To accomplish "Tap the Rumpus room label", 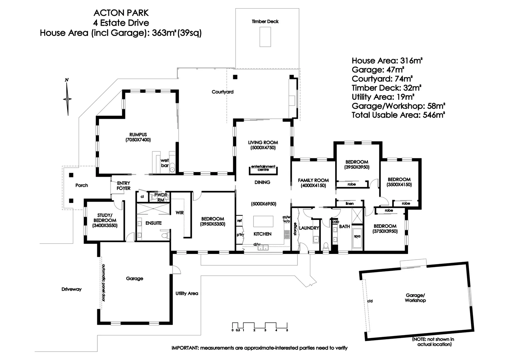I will (138, 137).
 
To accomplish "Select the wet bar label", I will (165, 163).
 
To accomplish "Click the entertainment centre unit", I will (263, 170).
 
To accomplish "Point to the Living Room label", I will (263, 145).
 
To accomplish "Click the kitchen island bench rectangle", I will (263, 222).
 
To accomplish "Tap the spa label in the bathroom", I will (357, 236).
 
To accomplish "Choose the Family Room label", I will (313, 183).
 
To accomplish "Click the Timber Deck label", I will (265, 21).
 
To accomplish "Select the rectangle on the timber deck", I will (265, 37).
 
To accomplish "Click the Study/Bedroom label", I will (105, 220).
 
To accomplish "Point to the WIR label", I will (180, 213).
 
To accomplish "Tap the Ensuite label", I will (153, 223).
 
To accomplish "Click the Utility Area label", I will (187, 293).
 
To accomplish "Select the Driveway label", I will (71, 289).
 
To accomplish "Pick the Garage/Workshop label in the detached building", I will (415, 298).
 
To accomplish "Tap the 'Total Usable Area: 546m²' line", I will (398, 115).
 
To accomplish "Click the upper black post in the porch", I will (71, 175).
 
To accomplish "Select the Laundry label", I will (309, 228).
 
